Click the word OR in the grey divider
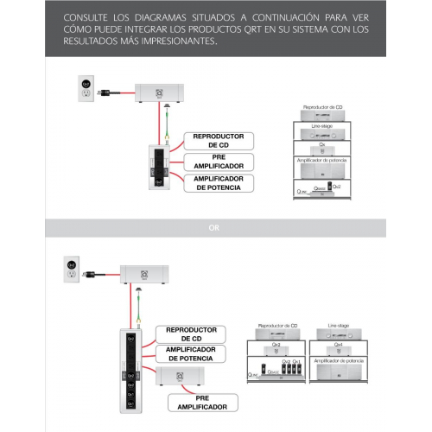215,229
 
